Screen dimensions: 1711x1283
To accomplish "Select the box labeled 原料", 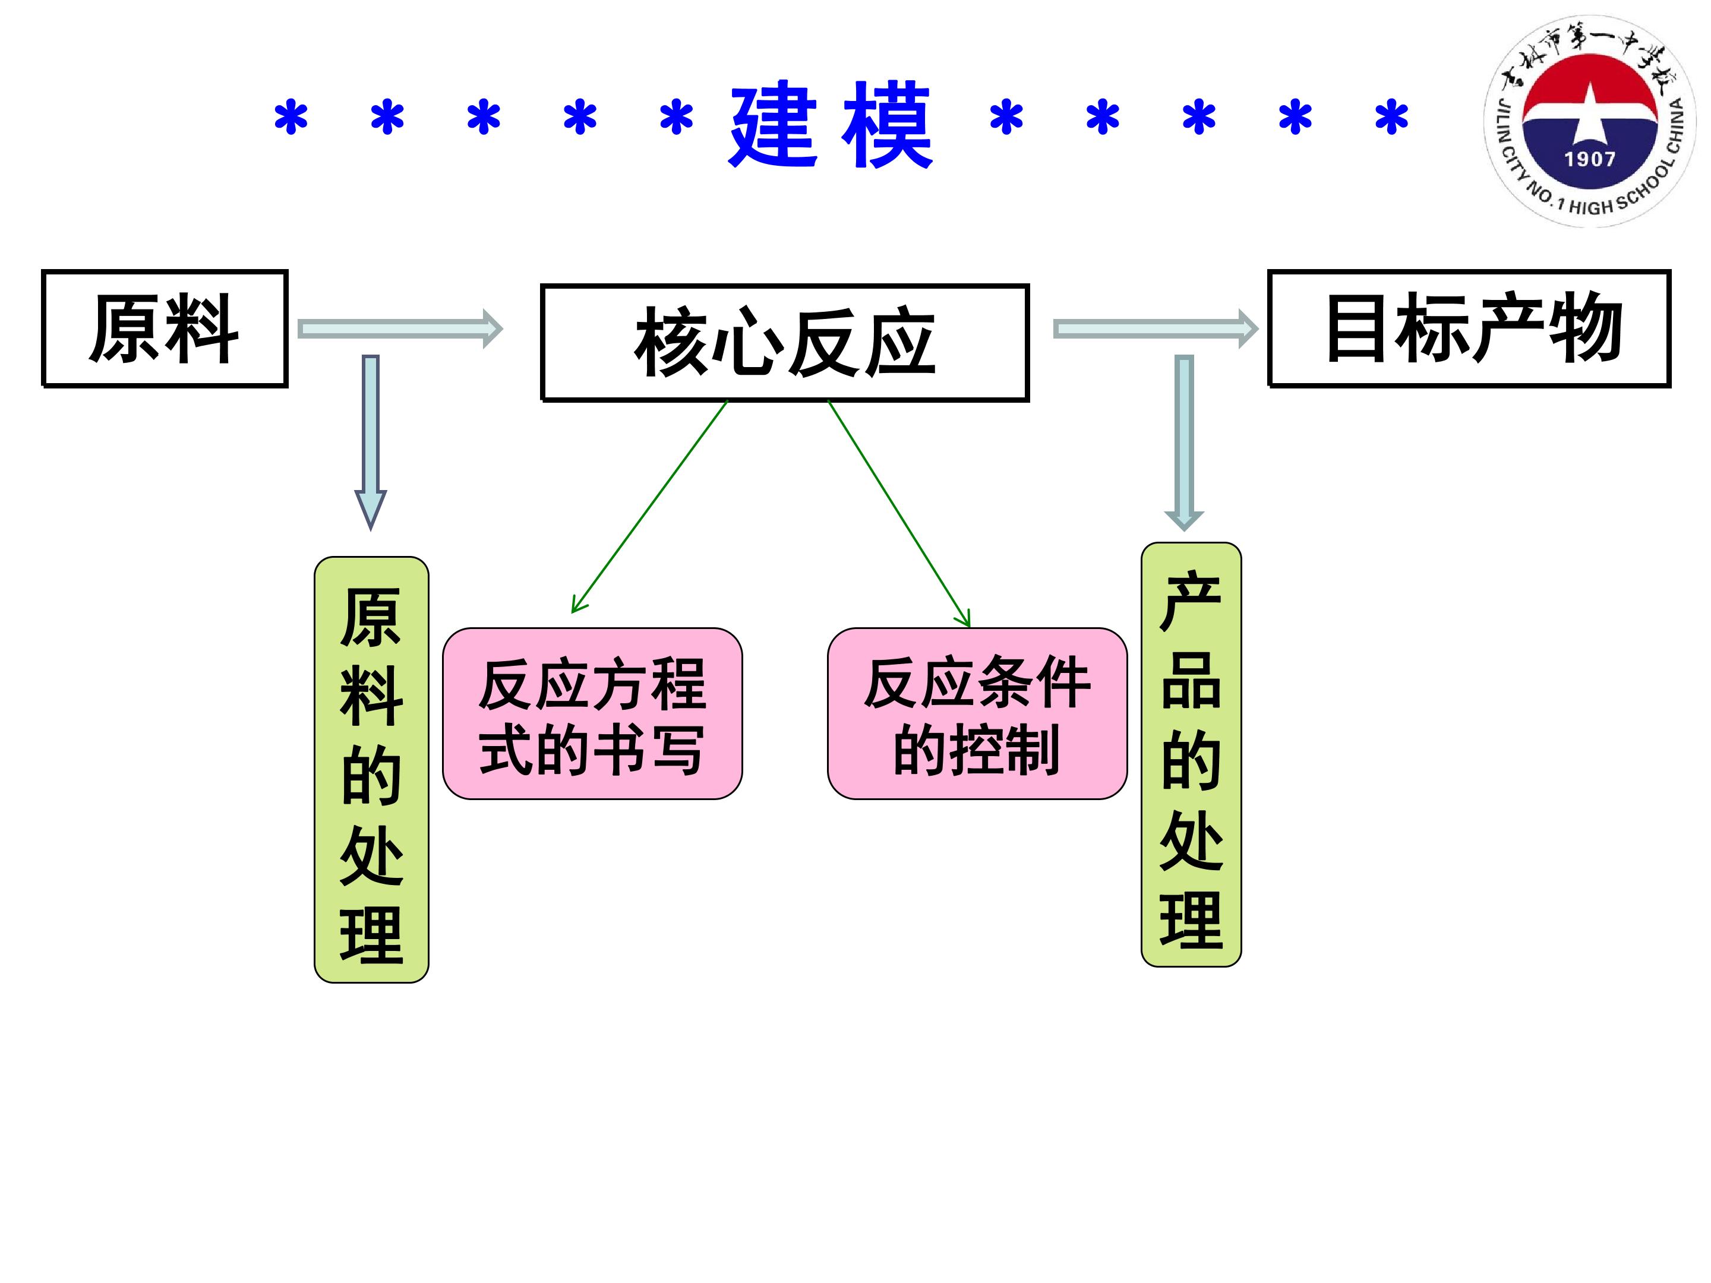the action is (165, 328).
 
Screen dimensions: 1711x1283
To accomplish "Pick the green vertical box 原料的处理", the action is (371, 769).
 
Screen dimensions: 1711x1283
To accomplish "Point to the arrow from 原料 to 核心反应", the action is (400, 330).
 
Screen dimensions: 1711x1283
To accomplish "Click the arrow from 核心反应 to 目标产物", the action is (1156, 330).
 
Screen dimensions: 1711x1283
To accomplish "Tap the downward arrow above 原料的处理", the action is (371, 443).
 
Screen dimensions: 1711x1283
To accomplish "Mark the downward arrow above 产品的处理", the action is (1184, 443).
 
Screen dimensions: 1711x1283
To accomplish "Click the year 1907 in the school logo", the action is (1590, 159).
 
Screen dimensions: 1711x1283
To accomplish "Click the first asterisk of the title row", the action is (292, 118).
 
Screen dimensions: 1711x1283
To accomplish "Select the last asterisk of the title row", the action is (1391, 118).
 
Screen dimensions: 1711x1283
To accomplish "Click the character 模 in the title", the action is (887, 124).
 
